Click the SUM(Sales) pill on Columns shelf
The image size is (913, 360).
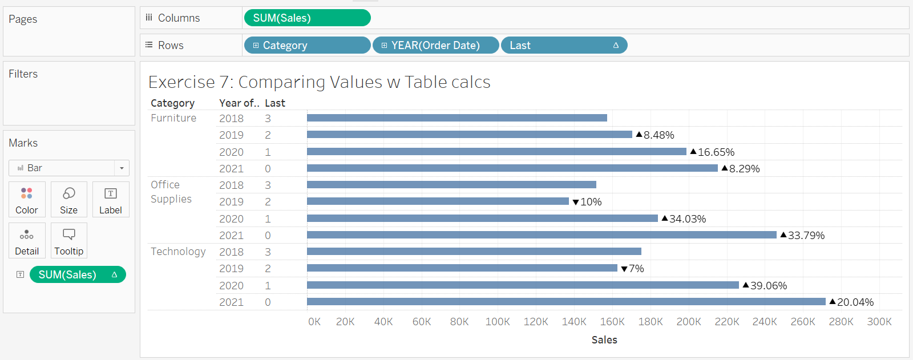(x=307, y=18)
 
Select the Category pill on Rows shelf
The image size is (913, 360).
(x=307, y=46)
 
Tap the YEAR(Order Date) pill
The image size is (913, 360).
(x=435, y=46)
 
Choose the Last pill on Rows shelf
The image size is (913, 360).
(x=564, y=46)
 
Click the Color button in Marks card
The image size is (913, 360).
(x=27, y=200)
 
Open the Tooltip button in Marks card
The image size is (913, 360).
(x=69, y=241)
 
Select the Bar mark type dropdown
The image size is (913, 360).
(x=68, y=168)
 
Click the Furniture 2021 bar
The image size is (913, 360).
(x=512, y=168)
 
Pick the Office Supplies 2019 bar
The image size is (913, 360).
(x=438, y=201)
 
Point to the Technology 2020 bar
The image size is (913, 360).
(x=523, y=285)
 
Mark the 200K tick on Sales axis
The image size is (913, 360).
(x=689, y=322)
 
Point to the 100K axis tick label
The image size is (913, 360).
(x=498, y=322)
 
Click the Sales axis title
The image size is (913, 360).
(x=604, y=340)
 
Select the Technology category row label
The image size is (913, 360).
(x=178, y=252)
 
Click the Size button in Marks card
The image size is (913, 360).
(x=69, y=200)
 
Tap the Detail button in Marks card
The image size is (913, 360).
(x=27, y=241)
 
